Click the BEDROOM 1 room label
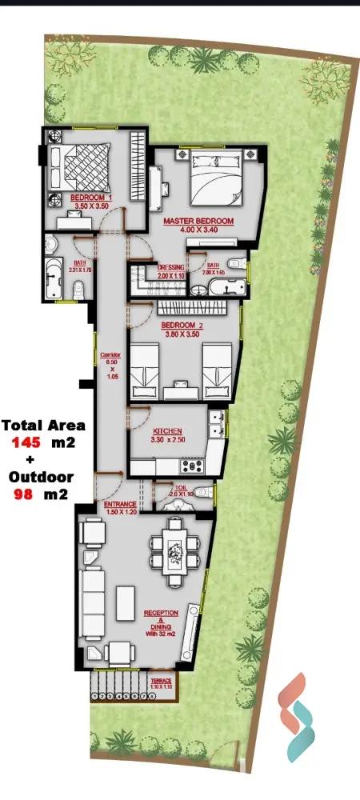tap(90, 197)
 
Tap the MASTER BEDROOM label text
tap(198, 221)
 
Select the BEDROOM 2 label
tap(182, 326)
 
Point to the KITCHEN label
tap(167, 430)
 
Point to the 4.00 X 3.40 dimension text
tap(198, 230)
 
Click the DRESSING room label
tap(171, 267)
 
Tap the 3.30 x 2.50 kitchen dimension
tap(167, 440)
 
